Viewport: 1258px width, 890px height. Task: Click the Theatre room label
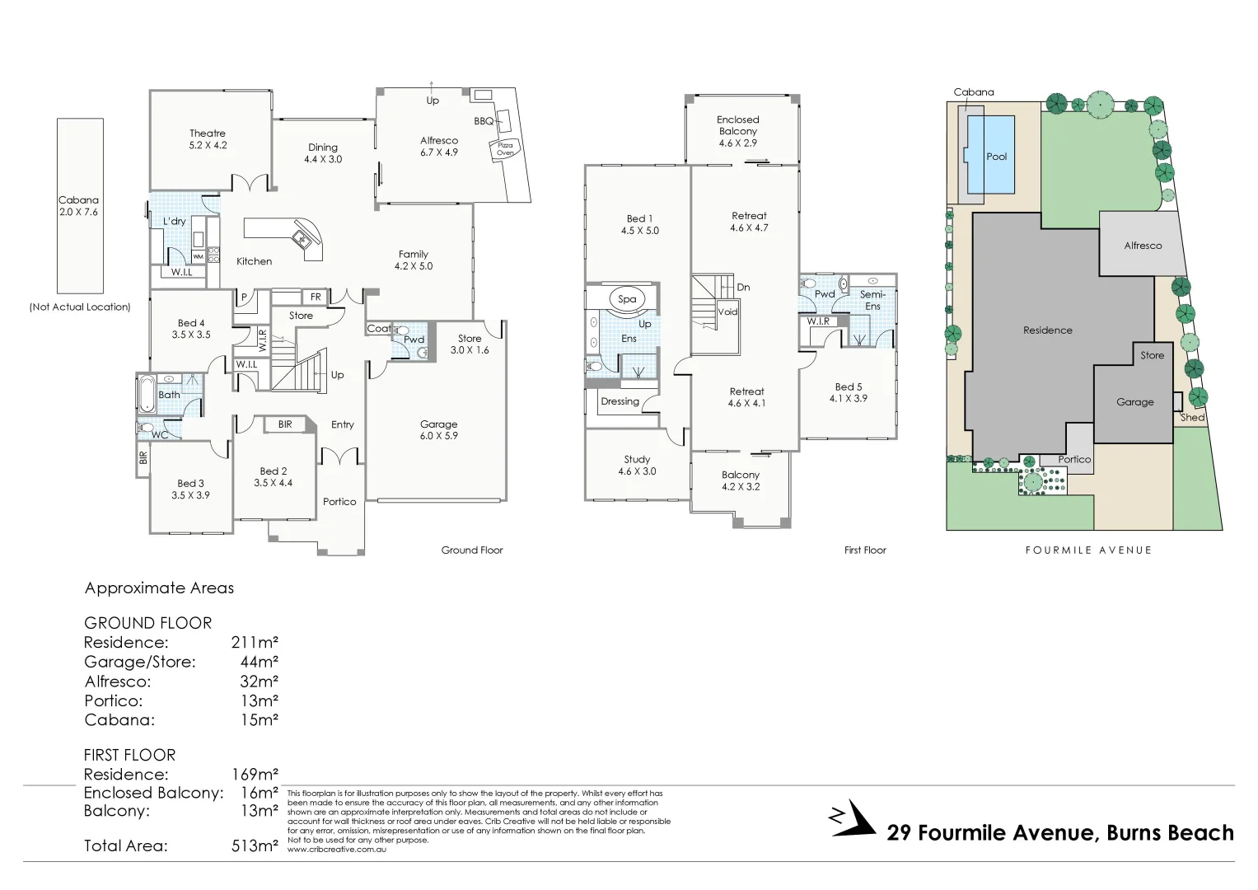pyautogui.click(x=208, y=138)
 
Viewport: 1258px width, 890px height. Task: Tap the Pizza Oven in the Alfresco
pyautogui.click(x=504, y=149)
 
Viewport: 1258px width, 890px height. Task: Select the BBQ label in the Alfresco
pyautogui.click(x=484, y=121)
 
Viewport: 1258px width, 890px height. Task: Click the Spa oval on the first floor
pyautogui.click(x=627, y=299)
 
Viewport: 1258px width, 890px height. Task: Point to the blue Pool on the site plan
pyautogui.click(x=996, y=156)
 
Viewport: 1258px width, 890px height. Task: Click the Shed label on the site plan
pyautogui.click(x=1192, y=418)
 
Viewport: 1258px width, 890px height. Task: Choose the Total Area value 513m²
pyautogui.click(x=255, y=845)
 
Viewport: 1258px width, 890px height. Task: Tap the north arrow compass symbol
pyautogui.click(x=852, y=818)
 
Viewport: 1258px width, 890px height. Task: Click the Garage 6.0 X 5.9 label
pyautogui.click(x=438, y=429)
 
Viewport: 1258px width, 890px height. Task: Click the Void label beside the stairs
pyautogui.click(x=727, y=311)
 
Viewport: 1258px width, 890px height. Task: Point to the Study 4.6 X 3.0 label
pyautogui.click(x=637, y=465)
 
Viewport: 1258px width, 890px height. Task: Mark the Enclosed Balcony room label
pyautogui.click(x=737, y=131)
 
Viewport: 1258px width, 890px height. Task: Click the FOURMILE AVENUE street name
pyautogui.click(x=1087, y=550)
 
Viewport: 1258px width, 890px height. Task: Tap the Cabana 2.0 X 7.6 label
pyautogui.click(x=79, y=206)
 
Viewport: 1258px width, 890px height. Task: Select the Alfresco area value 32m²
pyautogui.click(x=259, y=682)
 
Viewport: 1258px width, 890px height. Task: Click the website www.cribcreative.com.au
pyautogui.click(x=336, y=849)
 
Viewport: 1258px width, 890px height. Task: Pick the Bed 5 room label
pyautogui.click(x=848, y=392)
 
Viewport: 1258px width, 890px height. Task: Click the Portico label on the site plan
pyautogui.click(x=1073, y=460)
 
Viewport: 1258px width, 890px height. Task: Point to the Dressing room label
pyautogui.click(x=620, y=401)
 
